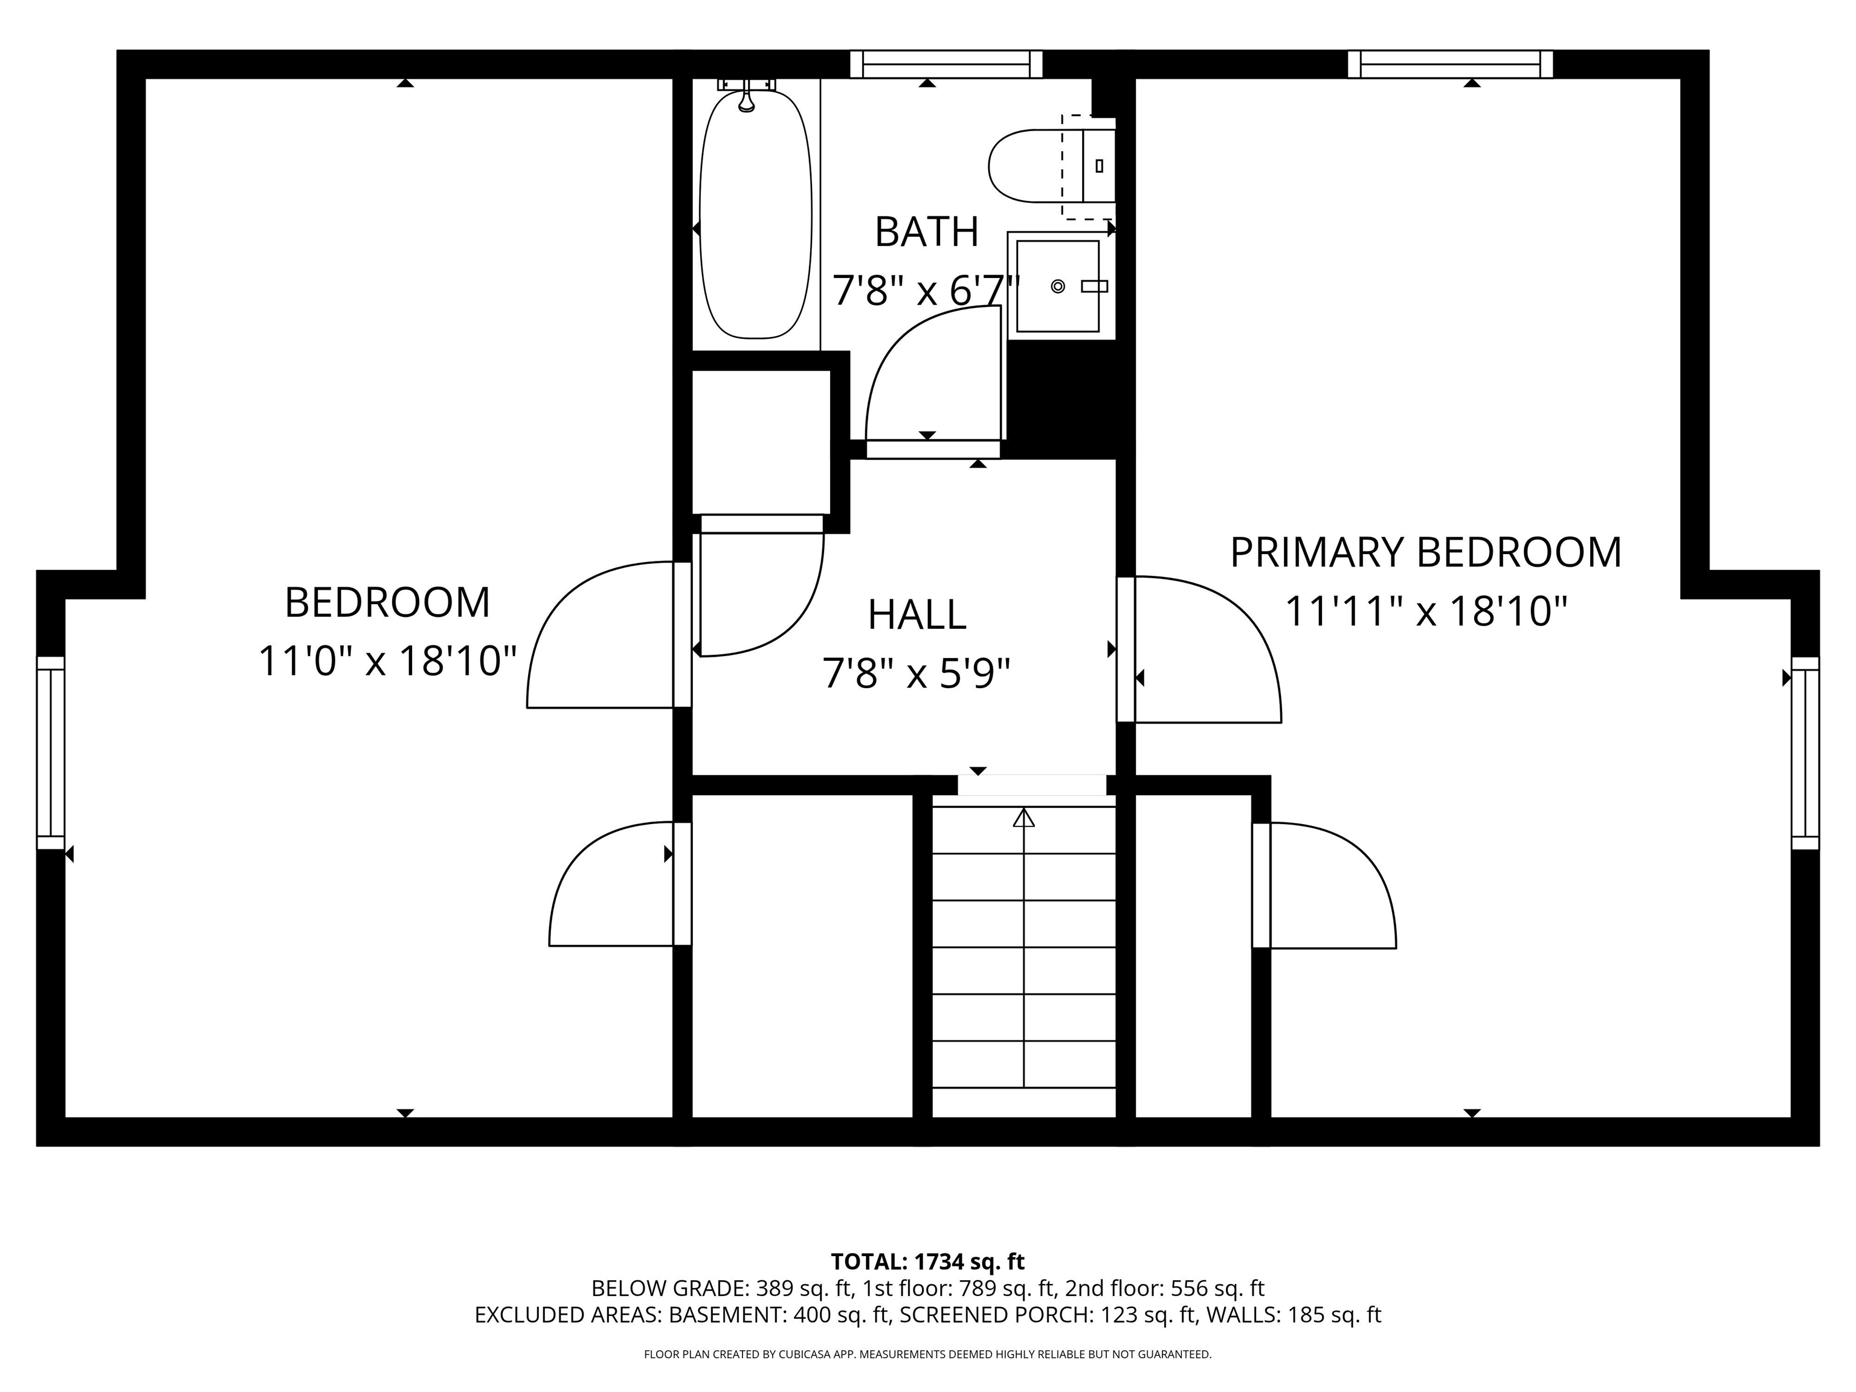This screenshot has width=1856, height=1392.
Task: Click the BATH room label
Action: (926, 233)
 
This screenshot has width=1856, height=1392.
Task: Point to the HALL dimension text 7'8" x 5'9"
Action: (917, 674)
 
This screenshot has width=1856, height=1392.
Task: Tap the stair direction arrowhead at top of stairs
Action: (1023, 817)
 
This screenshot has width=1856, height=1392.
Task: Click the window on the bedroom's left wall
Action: (50, 753)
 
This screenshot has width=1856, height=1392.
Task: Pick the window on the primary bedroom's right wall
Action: (1805, 753)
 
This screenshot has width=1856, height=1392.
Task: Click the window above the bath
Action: (946, 64)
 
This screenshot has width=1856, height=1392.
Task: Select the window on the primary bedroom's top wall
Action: (1450, 64)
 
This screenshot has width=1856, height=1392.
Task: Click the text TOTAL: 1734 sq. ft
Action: (927, 1261)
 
